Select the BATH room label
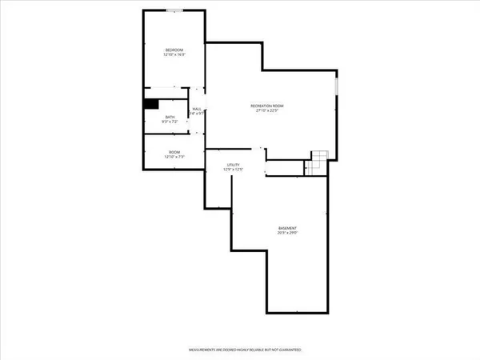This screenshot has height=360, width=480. coord(170,117)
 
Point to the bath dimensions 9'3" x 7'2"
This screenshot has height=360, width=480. coord(170,122)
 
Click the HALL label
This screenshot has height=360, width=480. coord(196,108)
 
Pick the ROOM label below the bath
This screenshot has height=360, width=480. coord(174,152)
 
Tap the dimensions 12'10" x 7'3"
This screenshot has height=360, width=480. coord(174,158)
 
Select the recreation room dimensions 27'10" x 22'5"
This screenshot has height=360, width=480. coord(268,111)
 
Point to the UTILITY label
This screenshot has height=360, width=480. coord(233,164)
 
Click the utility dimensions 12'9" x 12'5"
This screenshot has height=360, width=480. coord(233,170)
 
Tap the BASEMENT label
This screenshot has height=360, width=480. coord(289,228)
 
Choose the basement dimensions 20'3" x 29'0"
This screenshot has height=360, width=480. coord(289,234)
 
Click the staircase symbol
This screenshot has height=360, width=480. coord(318,160)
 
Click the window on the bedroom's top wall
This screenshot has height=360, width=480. coord(174,10)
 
